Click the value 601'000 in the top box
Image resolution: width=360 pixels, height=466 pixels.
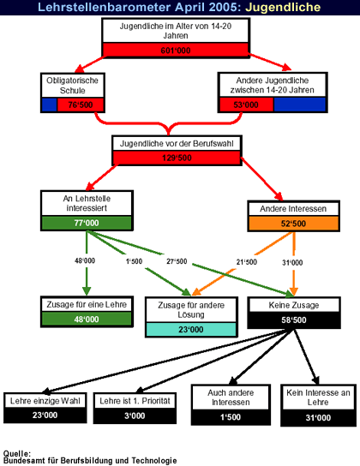point(176,51)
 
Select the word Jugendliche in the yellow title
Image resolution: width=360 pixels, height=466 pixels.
point(283,7)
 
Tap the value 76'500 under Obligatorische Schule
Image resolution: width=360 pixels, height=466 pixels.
point(81,105)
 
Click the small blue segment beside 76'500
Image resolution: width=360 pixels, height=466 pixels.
point(50,105)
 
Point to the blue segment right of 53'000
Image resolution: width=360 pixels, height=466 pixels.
point(300,105)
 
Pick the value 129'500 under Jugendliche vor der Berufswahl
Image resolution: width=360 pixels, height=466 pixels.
point(177,158)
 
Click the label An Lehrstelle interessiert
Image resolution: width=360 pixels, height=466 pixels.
point(87,203)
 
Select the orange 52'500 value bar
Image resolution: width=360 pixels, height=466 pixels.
point(293,224)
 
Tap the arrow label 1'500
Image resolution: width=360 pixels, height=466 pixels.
point(134,261)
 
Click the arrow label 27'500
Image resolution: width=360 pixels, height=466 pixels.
point(177,261)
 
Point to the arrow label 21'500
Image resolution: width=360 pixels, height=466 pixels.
point(247,262)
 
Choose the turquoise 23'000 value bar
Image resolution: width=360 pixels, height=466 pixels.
point(191,329)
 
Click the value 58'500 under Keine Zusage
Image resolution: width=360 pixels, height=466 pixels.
point(294,320)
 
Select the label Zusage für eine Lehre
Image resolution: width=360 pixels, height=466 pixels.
point(87,305)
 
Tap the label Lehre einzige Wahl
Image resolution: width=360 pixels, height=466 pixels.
point(45,401)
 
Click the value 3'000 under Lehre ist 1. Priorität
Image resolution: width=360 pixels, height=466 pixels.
point(135,415)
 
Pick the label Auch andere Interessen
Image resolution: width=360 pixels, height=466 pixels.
point(231,397)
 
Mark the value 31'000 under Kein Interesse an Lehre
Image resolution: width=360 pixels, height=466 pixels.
point(318,417)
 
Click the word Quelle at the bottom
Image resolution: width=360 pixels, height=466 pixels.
point(16,453)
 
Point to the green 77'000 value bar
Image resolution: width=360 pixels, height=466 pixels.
point(87,223)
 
